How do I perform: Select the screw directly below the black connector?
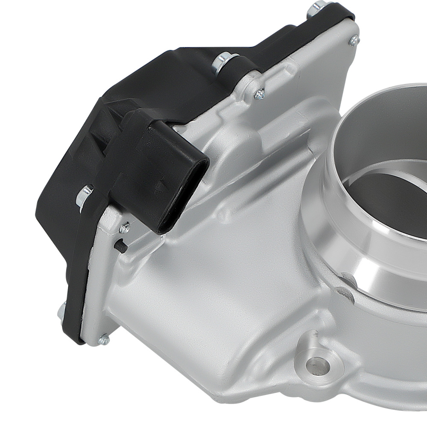[124, 228]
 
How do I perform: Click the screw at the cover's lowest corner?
[104, 339]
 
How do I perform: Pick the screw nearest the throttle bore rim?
[259, 94]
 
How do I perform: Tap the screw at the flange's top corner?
[354, 41]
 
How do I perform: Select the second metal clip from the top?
[221, 61]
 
